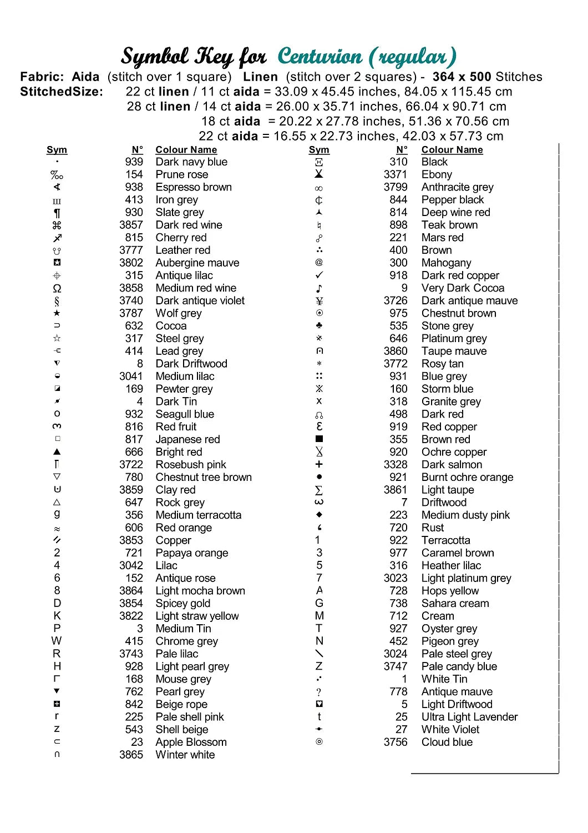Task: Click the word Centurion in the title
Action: (320, 56)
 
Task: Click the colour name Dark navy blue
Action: (191, 162)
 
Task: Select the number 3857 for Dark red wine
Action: (131, 225)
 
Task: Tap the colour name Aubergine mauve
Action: (197, 263)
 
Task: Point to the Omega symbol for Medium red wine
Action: (57, 288)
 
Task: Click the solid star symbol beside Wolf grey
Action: (57, 313)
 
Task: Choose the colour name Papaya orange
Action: (192, 553)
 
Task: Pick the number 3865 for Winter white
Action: (131, 755)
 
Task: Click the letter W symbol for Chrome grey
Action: (57, 641)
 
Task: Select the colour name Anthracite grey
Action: (457, 187)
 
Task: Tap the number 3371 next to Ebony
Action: (396, 174)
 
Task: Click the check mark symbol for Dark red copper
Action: (319, 275)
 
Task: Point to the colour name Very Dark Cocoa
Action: (463, 288)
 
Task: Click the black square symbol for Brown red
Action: (319, 439)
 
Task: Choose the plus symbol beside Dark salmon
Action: (319, 464)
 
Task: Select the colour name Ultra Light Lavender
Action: (469, 717)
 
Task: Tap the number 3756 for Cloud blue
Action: (396, 742)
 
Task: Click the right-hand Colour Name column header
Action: (452, 150)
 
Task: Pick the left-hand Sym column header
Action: (57, 150)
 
